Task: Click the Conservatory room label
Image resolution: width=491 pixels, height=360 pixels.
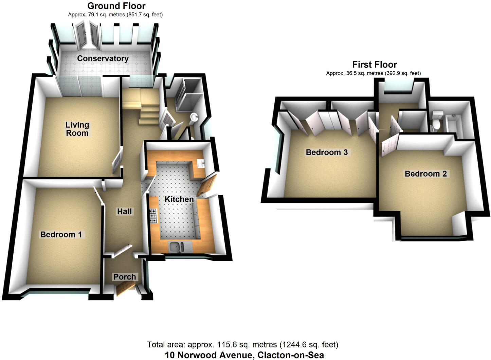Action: click(103, 58)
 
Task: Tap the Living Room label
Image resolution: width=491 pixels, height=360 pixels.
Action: click(77, 129)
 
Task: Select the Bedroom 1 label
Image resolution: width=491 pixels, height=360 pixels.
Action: click(61, 234)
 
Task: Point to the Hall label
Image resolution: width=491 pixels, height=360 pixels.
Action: click(124, 211)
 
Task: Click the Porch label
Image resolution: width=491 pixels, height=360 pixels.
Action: click(124, 277)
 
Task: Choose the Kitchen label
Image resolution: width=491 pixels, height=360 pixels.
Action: click(179, 199)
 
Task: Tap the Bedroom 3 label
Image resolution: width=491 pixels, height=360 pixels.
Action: click(327, 152)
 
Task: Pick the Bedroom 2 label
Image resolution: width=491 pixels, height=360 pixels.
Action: click(425, 174)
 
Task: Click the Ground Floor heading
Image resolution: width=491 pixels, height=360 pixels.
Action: click(116, 6)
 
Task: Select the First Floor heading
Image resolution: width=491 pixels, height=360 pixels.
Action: click(374, 65)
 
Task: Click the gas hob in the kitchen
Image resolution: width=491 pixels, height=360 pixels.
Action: click(153, 216)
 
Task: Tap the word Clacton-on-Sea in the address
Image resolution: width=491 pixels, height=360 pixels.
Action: click(291, 355)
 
